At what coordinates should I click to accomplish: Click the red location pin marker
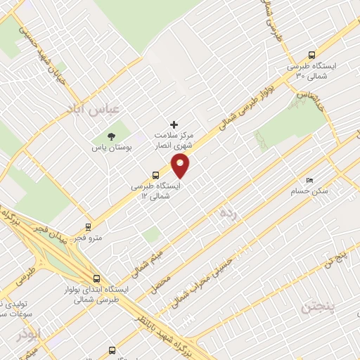181,166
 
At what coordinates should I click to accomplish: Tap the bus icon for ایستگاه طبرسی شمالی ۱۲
155,175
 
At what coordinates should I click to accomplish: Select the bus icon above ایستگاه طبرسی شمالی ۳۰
311,56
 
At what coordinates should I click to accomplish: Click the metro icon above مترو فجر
89,226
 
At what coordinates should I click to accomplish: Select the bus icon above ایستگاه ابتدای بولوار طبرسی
96,278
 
